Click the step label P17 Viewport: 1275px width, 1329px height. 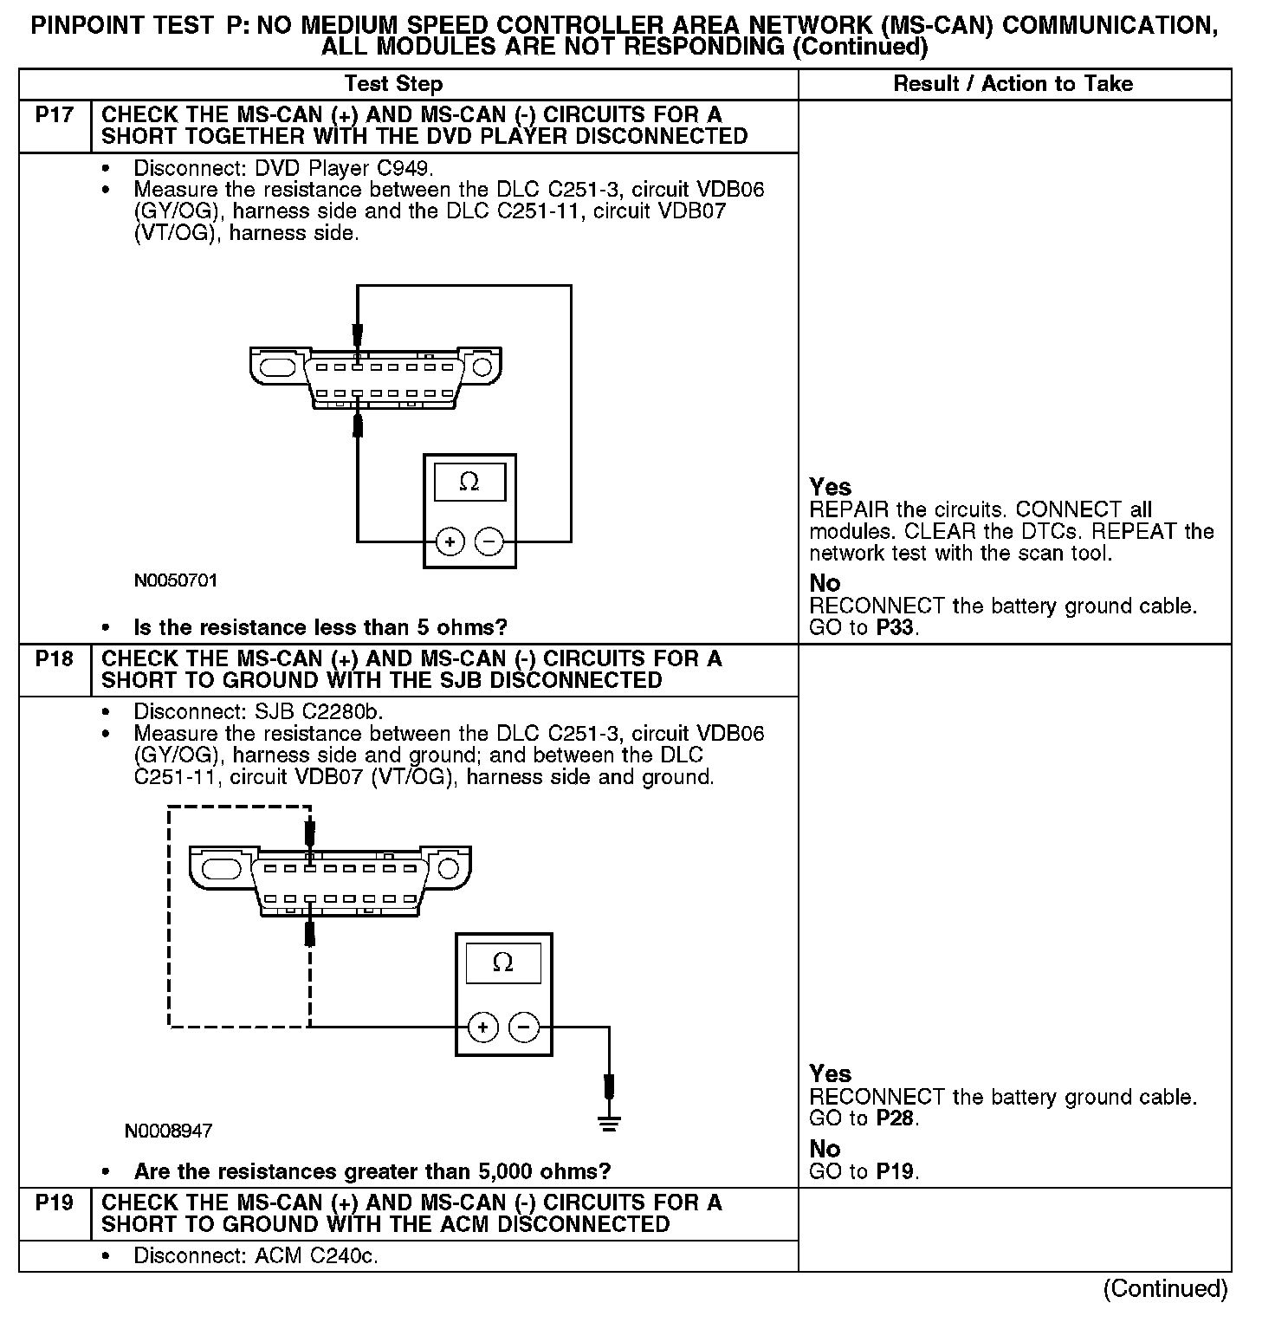[54, 115]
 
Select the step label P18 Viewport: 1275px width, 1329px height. [54, 659]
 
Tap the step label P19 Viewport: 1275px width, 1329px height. [54, 1203]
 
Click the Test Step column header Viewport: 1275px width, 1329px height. [393, 84]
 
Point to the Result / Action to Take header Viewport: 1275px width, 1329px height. [1013, 84]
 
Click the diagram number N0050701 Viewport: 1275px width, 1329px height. [176, 580]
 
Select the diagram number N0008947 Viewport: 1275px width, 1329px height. [168, 1131]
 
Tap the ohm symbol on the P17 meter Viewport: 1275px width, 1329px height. [469, 483]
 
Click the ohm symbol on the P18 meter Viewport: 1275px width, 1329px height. [502, 963]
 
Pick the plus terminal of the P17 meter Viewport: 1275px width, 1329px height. [450, 542]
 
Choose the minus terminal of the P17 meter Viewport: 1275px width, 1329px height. [489, 542]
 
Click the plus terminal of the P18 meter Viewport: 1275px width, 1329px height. [482, 1028]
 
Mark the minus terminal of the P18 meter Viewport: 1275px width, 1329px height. [523, 1028]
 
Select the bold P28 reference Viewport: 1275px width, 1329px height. [895, 1118]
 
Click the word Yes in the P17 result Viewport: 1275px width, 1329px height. [830, 487]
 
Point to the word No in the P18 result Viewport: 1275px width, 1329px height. [825, 1149]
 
